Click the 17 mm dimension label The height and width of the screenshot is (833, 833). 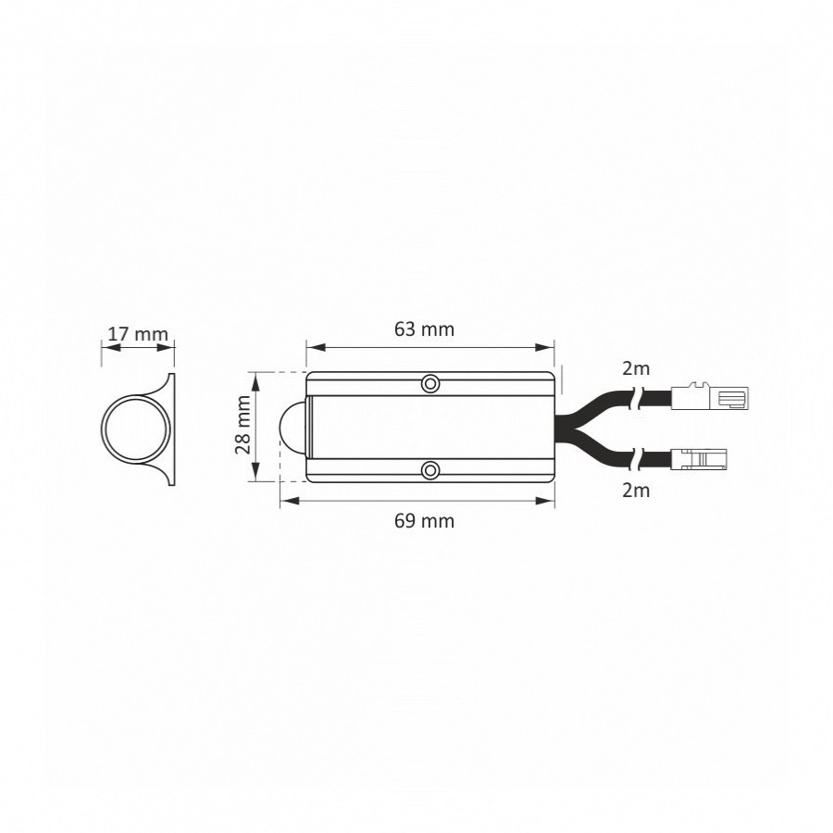click(138, 334)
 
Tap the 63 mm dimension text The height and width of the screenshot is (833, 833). click(424, 329)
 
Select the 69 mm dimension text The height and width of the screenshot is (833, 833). click(424, 520)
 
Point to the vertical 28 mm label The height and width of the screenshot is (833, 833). click(242, 425)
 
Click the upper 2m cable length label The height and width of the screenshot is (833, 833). click(636, 368)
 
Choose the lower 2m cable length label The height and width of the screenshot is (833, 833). click(636, 490)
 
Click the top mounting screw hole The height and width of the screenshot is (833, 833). click(430, 383)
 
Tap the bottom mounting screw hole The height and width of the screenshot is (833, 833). click(430, 470)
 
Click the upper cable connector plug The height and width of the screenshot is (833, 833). click(711, 397)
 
